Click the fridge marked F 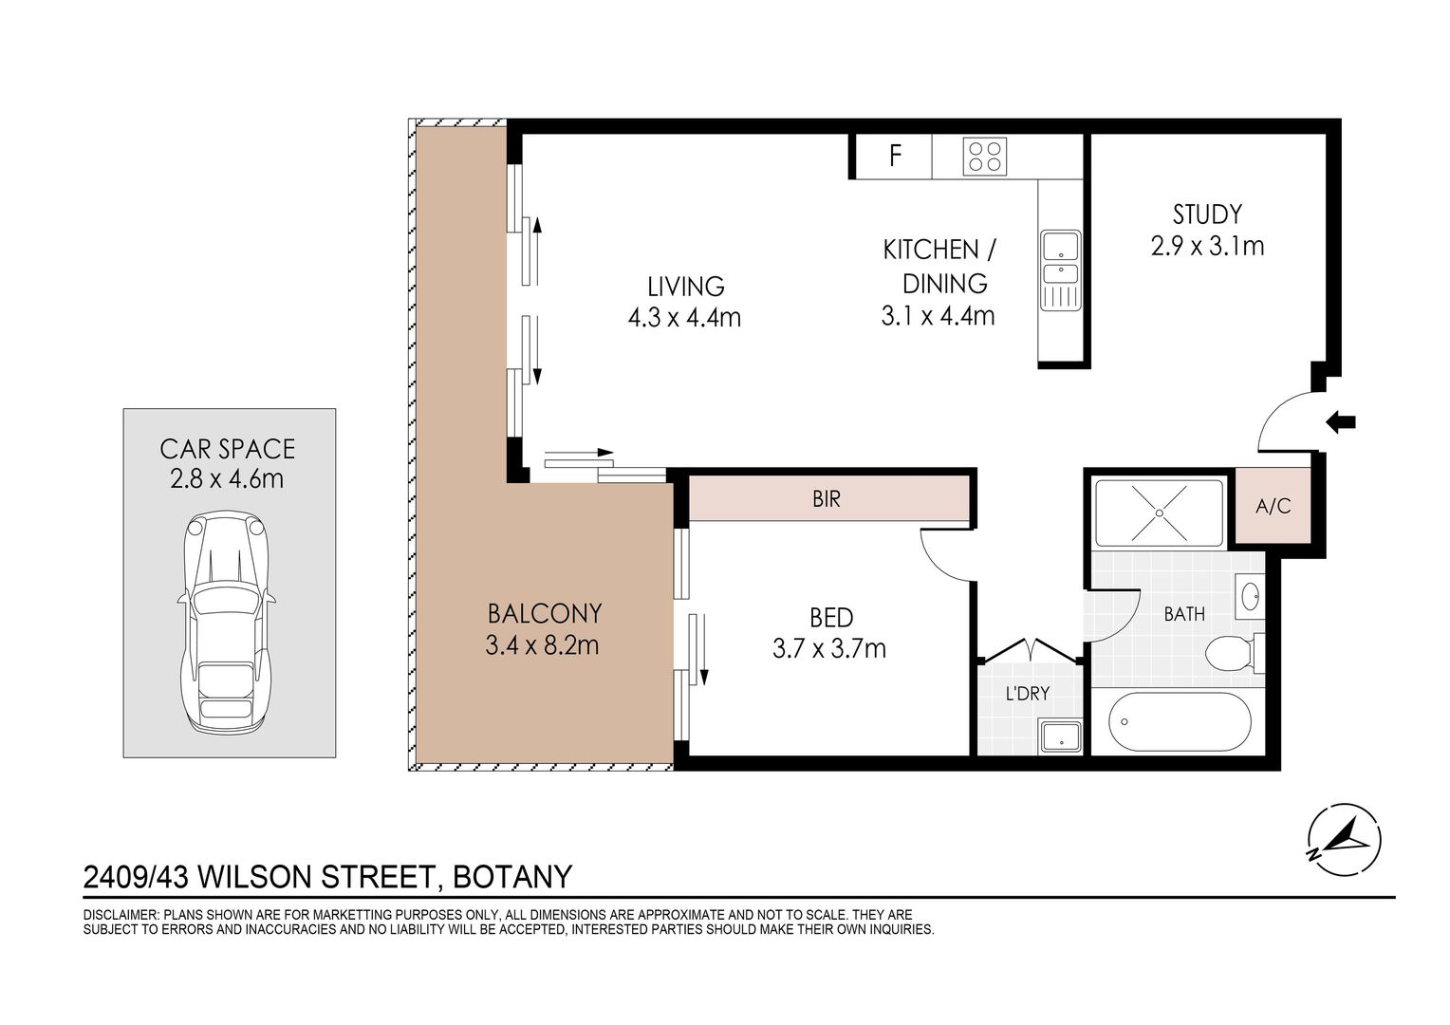(894, 156)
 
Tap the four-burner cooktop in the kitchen (985, 156)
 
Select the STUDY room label (1207, 214)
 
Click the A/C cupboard (1273, 505)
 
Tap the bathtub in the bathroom (1180, 721)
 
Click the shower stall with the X (1159, 512)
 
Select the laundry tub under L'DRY (1060, 736)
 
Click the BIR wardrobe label (827, 498)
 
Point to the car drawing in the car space (227, 623)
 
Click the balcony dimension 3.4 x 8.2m (543, 645)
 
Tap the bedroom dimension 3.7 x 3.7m (829, 648)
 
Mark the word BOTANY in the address (512, 877)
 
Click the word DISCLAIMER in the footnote (120, 915)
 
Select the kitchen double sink (1060, 270)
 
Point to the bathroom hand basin (1250, 593)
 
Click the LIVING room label (686, 287)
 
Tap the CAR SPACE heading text (228, 449)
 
